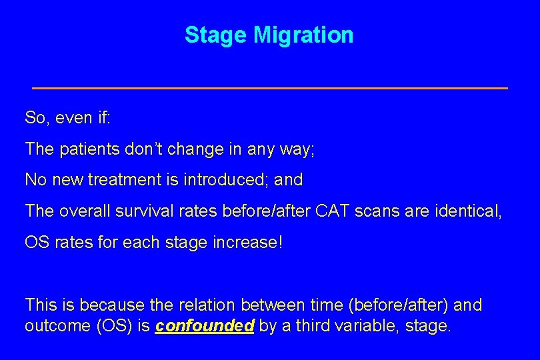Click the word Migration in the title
[303, 35]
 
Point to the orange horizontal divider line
[270, 88]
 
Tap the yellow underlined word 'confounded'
[205, 327]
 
